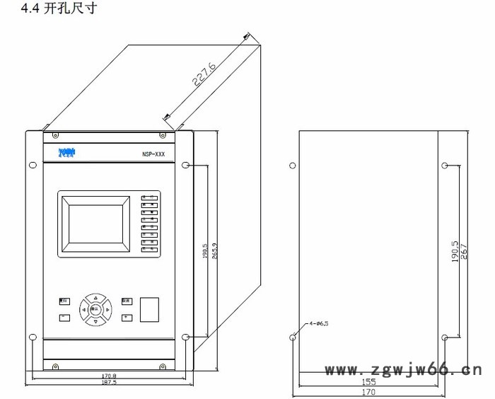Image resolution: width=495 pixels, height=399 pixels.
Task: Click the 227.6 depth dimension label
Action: click(204, 74)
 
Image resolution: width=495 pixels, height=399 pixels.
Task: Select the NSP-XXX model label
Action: click(153, 153)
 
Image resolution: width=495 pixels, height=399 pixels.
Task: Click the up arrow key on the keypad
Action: click(95, 298)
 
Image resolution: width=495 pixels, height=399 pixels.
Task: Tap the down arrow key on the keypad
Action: click(95, 321)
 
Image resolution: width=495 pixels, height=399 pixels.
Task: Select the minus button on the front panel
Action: click(64, 318)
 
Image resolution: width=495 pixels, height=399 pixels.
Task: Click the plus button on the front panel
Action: click(127, 318)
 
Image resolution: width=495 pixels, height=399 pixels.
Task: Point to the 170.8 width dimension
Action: click(108, 375)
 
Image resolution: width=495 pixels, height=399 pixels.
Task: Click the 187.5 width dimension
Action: click(108, 381)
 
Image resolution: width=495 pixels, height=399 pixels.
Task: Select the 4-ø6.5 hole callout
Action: click(319, 323)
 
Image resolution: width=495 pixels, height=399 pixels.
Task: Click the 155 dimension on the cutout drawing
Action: click(370, 381)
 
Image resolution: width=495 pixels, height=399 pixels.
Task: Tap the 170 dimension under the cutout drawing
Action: click(370, 391)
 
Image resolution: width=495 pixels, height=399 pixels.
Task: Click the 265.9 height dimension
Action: click(214, 250)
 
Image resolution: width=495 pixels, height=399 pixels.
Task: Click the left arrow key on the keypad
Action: click(83, 309)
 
